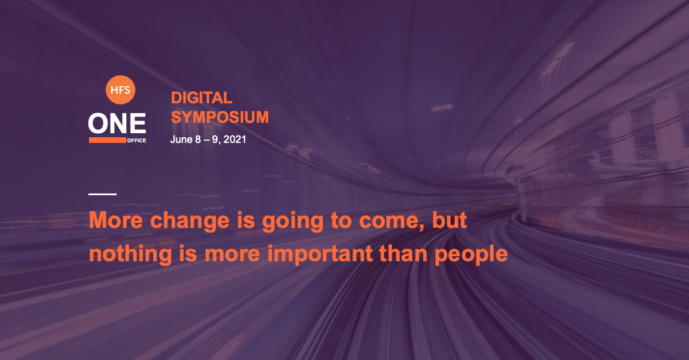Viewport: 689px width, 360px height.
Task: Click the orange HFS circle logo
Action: pyautogui.click(x=120, y=90)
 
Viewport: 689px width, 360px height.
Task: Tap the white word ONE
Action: pyautogui.click(x=117, y=123)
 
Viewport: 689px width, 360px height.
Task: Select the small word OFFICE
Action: pyautogui.click(x=137, y=140)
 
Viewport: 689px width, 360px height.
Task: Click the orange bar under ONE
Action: pyautogui.click(x=107, y=140)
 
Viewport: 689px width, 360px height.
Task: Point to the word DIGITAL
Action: pyautogui.click(x=202, y=98)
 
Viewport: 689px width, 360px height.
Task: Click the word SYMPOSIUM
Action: pyautogui.click(x=219, y=117)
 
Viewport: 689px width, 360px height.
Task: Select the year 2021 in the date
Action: pyautogui.click(x=235, y=140)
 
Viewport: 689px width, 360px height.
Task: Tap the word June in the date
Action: pyautogui.click(x=181, y=140)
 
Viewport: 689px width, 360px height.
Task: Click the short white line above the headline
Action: pyautogui.click(x=102, y=194)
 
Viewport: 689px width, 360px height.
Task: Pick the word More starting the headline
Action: pyautogui.click(x=116, y=220)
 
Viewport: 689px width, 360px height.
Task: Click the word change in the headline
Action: pyautogui.click(x=190, y=222)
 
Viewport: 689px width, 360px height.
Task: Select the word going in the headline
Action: pyautogui.click(x=292, y=222)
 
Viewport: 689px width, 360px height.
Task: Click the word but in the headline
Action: pyautogui.click(x=450, y=220)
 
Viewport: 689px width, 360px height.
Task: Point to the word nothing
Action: pyautogui.click(x=130, y=255)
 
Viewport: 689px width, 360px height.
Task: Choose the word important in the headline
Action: pyautogui.click(x=320, y=255)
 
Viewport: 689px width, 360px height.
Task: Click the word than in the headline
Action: pyautogui.click(x=403, y=253)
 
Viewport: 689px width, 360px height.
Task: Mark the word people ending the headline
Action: pyautogui.click(x=471, y=255)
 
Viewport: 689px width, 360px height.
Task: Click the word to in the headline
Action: pyautogui.click(x=341, y=221)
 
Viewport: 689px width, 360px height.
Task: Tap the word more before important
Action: pyautogui.click(x=233, y=255)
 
